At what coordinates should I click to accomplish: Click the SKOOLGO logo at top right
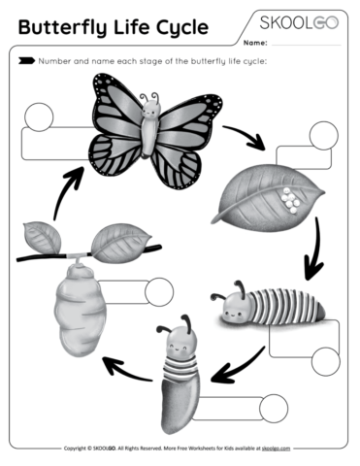click(x=298, y=22)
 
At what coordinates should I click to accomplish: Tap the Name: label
click(x=255, y=44)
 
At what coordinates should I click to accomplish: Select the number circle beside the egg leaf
click(x=321, y=135)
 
